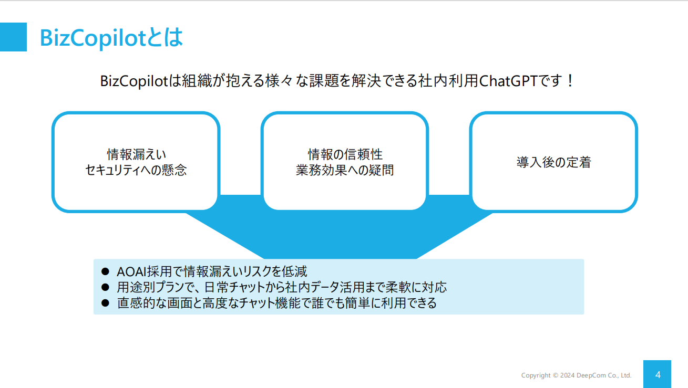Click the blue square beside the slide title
[13, 37]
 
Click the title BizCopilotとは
[111, 38]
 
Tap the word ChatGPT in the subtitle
[508, 81]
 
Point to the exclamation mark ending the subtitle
[570, 81]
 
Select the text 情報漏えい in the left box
[136, 154]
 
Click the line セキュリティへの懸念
[136, 170]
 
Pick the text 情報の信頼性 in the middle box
[345, 154]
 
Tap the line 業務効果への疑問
[345, 170]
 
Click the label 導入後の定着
[554, 162]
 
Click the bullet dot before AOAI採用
[105, 271]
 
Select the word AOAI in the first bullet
[131, 272]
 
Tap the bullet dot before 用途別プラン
[105, 287]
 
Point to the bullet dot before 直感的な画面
[105, 303]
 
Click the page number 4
[658, 374]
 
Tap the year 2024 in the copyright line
[567, 375]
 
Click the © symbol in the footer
[556, 375]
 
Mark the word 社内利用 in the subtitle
[448, 81]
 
